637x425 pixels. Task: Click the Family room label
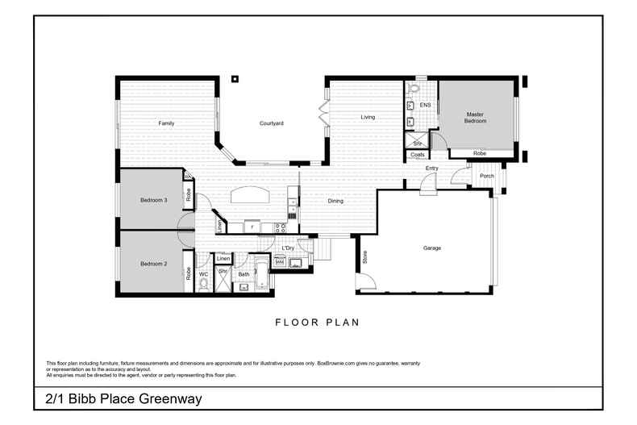(x=166, y=123)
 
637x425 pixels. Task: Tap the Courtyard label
(x=271, y=123)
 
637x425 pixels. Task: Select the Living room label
(x=368, y=118)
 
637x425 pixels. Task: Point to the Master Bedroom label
(x=476, y=117)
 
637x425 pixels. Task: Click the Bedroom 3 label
(x=153, y=200)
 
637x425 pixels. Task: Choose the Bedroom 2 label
(x=153, y=264)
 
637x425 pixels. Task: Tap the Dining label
(x=335, y=201)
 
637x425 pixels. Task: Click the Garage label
(x=432, y=248)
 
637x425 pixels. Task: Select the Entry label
(x=432, y=168)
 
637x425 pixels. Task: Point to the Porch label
(x=486, y=176)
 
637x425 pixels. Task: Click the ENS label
(x=425, y=105)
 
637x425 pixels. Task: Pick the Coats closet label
(x=418, y=154)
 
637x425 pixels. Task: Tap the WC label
(x=203, y=275)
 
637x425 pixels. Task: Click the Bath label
(x=244, y=275)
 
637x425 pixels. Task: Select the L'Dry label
(x=288, y=248)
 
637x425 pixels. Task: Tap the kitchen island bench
(x=250, y=195)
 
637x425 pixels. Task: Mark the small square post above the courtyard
(x=234, y=79)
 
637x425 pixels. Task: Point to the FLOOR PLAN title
(x=317, y=323)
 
